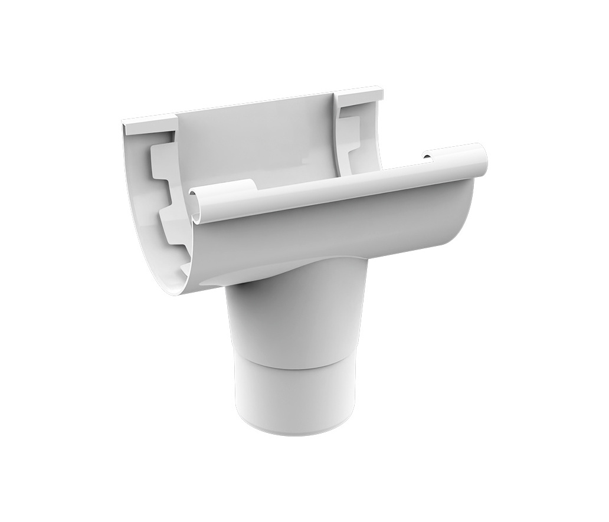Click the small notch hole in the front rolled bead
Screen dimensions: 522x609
[x=426, y=157]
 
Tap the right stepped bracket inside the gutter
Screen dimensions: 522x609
[x=349, y=133]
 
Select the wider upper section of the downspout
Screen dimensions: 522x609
[x=295, y=319]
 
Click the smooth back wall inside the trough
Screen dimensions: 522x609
[x=260, y=142]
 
